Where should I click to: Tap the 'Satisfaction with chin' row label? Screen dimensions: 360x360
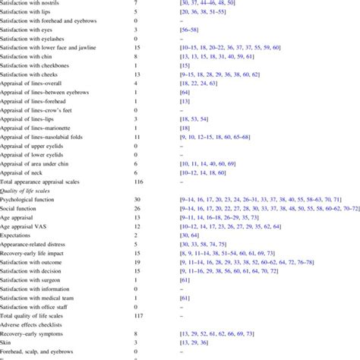tap(27, 56)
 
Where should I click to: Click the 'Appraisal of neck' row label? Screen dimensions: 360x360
tap(23, 172)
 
